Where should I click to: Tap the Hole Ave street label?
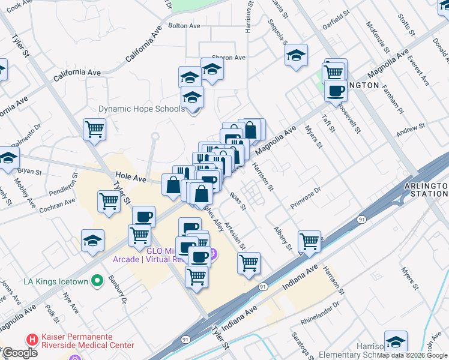pyautogui.click(x=131, y=178)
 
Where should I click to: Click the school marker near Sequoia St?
pyautogui.click(x=296, y=56)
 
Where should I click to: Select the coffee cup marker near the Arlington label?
pyautogui.click(x=336, y=91)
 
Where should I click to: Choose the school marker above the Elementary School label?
pyautogui.click(x=396, y=342)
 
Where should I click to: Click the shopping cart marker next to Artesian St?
pyautogui.click(x=249, y=263)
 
